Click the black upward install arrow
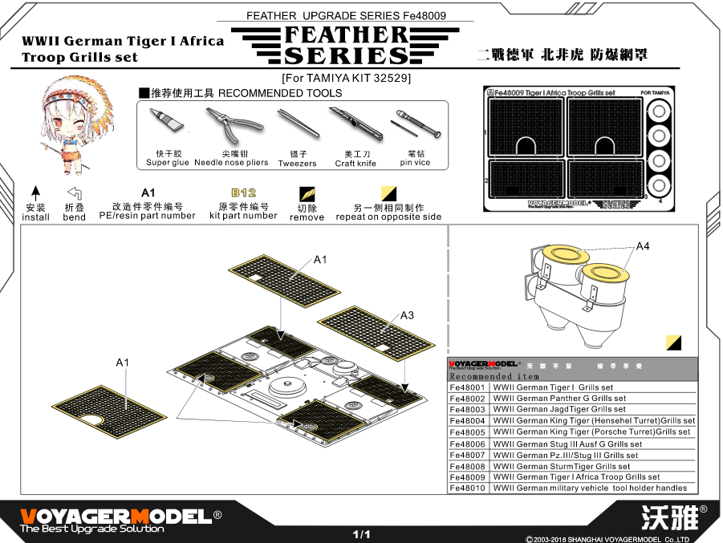[x=35, y=193]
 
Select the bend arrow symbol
[x=74, y=193]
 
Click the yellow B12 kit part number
[x=243, y=193]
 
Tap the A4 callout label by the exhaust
[x=642, y=245]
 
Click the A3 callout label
[x=407, y=314]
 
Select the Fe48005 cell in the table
[x=468, y=432]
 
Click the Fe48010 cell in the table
[x=468, y=488]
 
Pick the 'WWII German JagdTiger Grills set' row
[x=559, y=409]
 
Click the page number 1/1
[x=361, y=533]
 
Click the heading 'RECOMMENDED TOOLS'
[x=280, y=93]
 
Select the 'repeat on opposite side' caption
[x=388, y=217]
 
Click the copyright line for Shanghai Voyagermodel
[x=613, y=538]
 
